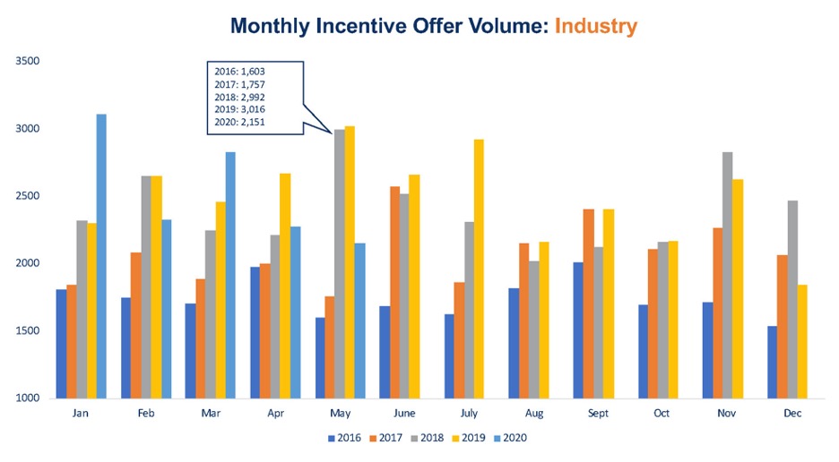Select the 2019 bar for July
click(x=479, y=269)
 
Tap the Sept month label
click(x=597, y=415)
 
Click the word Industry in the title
click(x=595, y=26)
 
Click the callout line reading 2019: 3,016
click(x=239, y=108)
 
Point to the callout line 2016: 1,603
click(x=239, y=70)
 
